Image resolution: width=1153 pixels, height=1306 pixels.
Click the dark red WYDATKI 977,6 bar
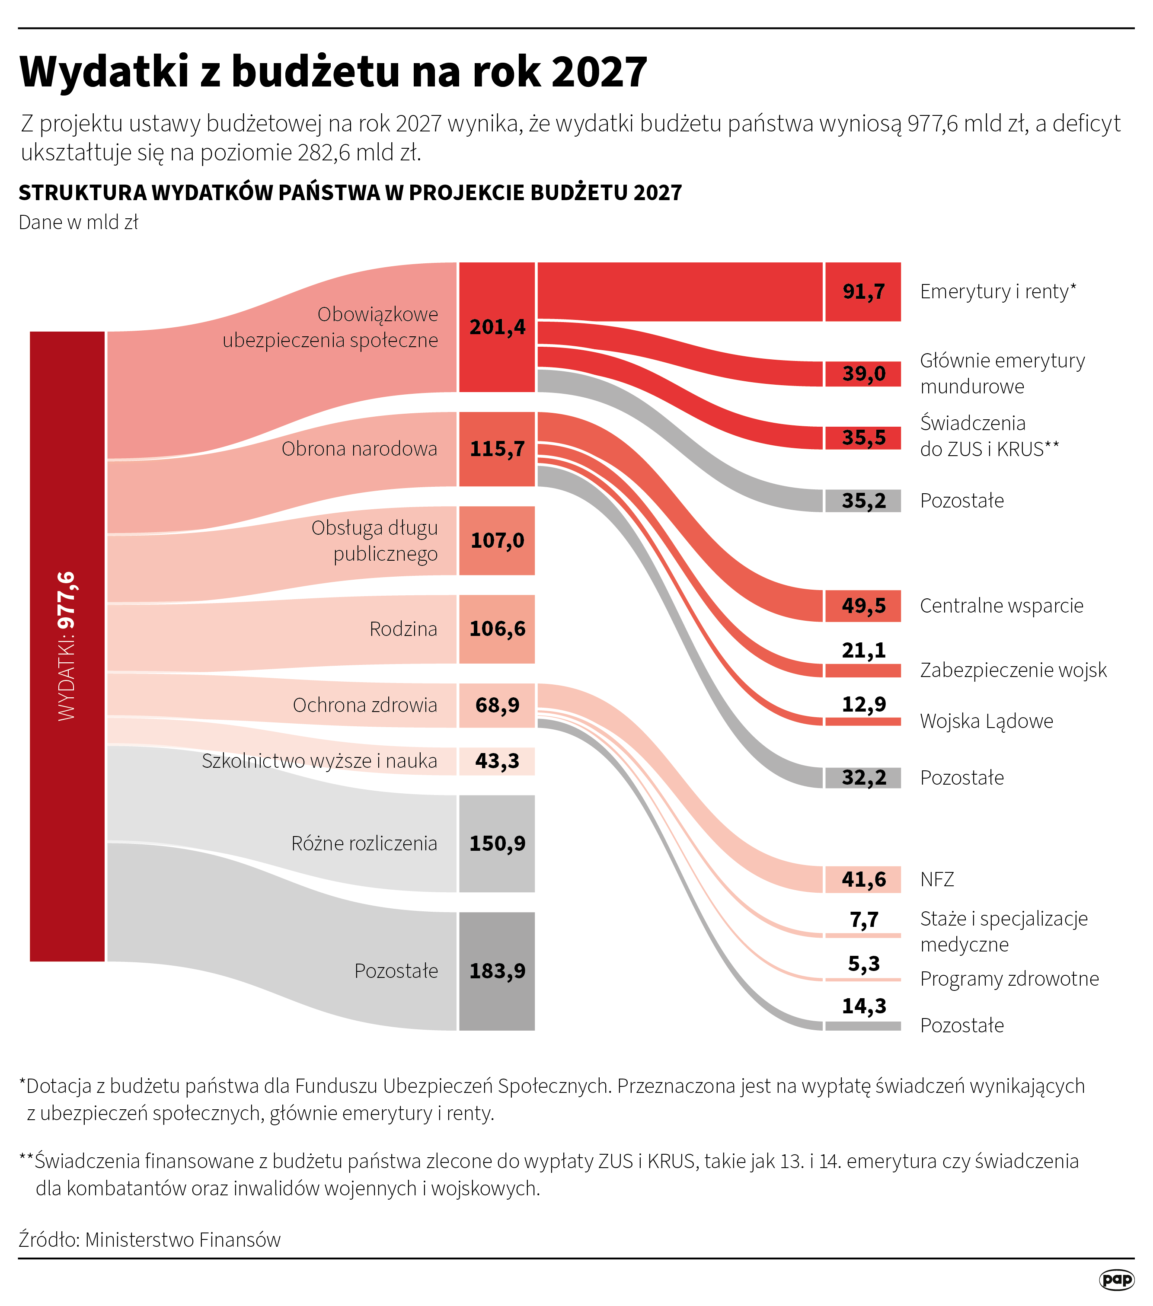click(67, 646)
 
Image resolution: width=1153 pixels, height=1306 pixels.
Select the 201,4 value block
click(497, 327)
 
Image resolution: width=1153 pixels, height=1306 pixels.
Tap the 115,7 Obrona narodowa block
click(497, 449)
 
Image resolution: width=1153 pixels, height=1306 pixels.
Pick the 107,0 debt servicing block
click(497, 540)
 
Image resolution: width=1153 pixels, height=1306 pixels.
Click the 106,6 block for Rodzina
click(497, 629)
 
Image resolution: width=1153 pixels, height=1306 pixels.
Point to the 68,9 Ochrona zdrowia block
click(497, 706)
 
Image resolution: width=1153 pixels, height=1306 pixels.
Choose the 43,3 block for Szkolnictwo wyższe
click(497, 761)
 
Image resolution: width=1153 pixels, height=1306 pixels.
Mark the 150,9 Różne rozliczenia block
click(497, 843)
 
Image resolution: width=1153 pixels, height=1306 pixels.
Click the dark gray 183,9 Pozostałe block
click(497, 971)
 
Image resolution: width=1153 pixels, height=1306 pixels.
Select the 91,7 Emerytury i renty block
click(863, 292)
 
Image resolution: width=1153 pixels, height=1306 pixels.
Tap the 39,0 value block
click(863, 374)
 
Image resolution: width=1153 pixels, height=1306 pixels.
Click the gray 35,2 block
click(863, 501)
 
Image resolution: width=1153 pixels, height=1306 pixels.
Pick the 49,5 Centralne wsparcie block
click(863, 606)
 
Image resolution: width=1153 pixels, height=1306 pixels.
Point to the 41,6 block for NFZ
click(863, 880)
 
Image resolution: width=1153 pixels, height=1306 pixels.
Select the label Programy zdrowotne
click(1009, 979)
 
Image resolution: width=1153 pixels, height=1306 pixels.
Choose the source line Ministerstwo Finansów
click(183, 1239)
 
